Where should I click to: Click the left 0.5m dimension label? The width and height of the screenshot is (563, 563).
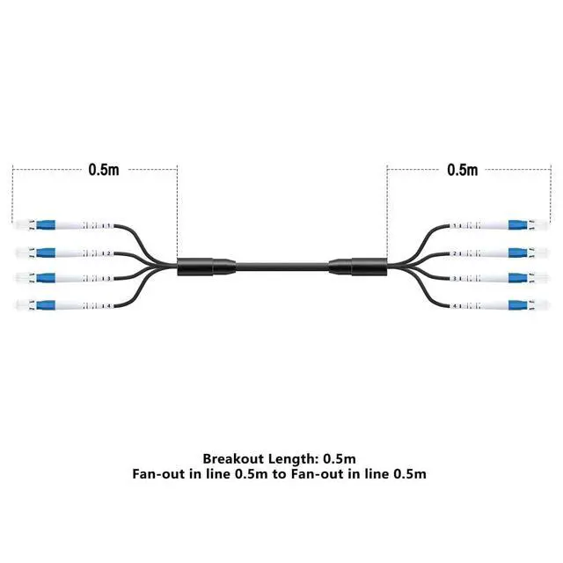pyautogui.click(x=103, y=170)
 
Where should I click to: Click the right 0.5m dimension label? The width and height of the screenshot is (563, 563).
pyautogui.click(x=463, y=170)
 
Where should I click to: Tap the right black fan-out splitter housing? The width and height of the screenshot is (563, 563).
pyautogui.click(x=358, y=267)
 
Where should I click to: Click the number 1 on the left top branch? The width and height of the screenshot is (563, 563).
pyautogui.click(x=107, y=227)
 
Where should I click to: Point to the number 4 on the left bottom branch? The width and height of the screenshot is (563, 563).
pyautogui.click(x=107, y=305)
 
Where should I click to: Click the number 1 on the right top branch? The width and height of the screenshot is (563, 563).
pyautogui.click(x=455, y=227)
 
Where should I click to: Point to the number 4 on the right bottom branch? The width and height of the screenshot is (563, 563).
pyautogui.click(x=455, y=305)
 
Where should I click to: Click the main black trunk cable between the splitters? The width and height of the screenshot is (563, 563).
pyautogui.click(x=281, y=267)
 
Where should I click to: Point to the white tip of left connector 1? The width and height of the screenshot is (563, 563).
pyautogui.click(x=19, y=227)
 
